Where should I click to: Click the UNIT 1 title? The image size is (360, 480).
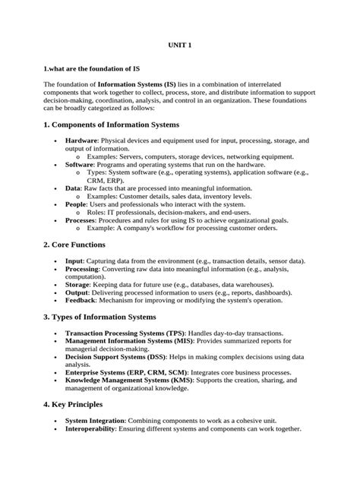pos(179,46)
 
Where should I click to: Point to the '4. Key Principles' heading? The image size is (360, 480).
pos(80,404)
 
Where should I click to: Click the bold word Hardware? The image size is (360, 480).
pos(81,141)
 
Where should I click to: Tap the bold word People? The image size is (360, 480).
pos(76,204)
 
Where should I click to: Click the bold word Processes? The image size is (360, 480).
pos(81,219)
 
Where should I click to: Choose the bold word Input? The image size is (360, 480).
pos(74,261)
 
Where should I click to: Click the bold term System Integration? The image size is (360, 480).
pos(95,420)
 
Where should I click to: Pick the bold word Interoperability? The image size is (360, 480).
pos(90,428)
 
